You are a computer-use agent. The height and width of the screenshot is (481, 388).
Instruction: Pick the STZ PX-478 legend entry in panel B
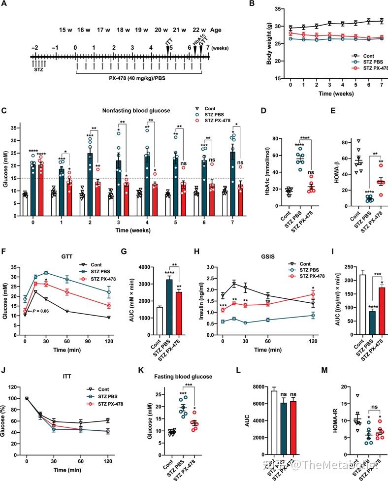[371, 67]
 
